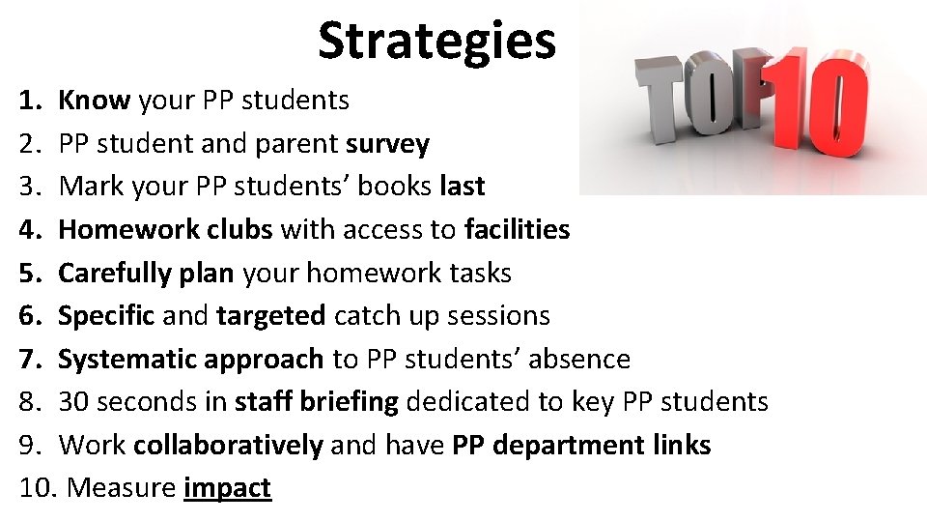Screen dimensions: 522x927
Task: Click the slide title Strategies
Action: [436, 41]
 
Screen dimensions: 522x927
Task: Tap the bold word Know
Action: [95, 100]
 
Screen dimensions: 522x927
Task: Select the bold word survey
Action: [387, 143]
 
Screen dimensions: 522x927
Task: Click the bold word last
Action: [462, 187]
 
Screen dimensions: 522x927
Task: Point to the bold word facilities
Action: [517, 229]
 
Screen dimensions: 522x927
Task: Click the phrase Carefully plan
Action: [146, 273]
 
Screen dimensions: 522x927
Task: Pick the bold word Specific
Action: [107, 315]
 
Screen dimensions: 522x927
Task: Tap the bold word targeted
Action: [271, 315]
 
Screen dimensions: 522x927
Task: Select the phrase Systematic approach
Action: [190, 359]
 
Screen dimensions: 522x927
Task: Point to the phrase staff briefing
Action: [316, 401]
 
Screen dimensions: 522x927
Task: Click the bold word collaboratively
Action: [228, 445]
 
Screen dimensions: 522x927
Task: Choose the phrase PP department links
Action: [581, 445]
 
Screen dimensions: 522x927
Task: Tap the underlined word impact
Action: [227, 488]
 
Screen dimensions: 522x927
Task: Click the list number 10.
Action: [38, 488]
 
